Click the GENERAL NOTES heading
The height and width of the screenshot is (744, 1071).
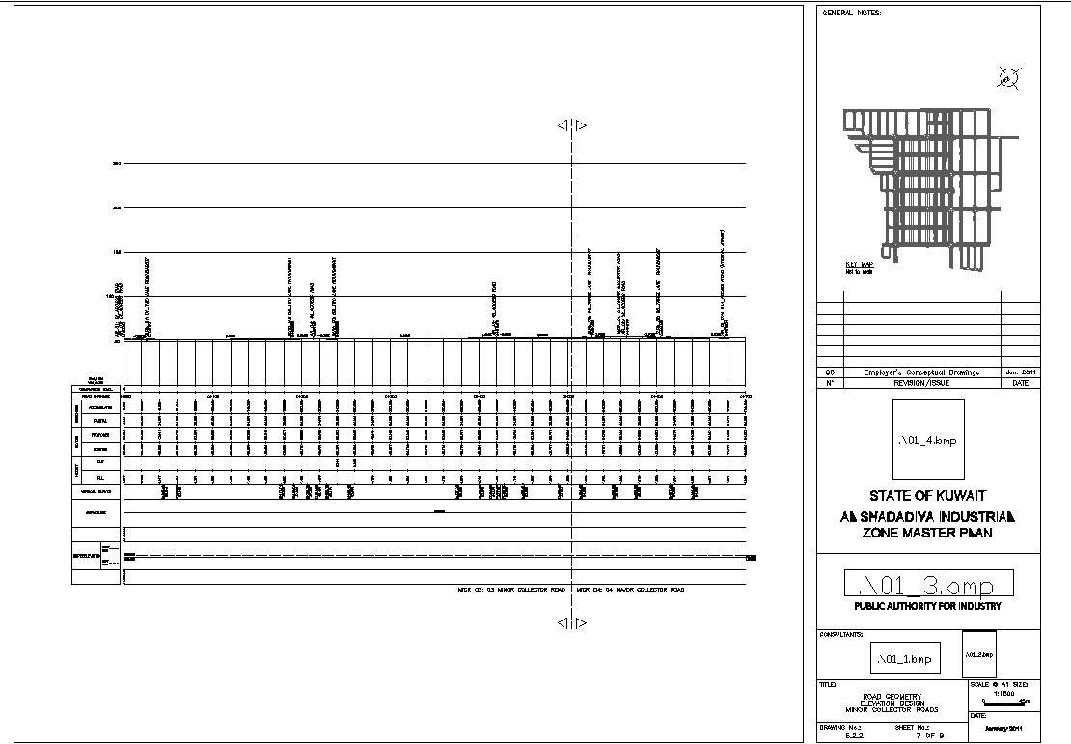(x=844, y=13)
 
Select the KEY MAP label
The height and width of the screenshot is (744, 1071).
(x=859, y=264)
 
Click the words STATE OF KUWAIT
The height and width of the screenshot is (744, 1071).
(x=928, y=495)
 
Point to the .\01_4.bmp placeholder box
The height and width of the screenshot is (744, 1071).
(x=927, y=440)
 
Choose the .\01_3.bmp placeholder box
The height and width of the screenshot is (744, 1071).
(x=929, y=584)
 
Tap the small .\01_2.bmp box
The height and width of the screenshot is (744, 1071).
(x=980, y=655)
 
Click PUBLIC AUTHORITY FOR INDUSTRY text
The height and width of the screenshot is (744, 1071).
(x=928, y=607)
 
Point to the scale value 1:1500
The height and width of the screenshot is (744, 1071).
(x=1003, y=692)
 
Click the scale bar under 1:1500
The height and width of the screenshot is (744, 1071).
(x=1004, y=702)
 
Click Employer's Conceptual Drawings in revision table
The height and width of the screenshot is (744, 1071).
(x=921, y=372)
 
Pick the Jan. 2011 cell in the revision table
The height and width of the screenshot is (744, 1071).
(x=1020, y=372)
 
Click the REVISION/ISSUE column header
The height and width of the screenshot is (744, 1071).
(x=921, y=383)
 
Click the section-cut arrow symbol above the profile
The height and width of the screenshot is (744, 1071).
(x=573, y=125)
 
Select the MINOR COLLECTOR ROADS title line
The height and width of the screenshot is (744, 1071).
(x=892, y=709)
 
